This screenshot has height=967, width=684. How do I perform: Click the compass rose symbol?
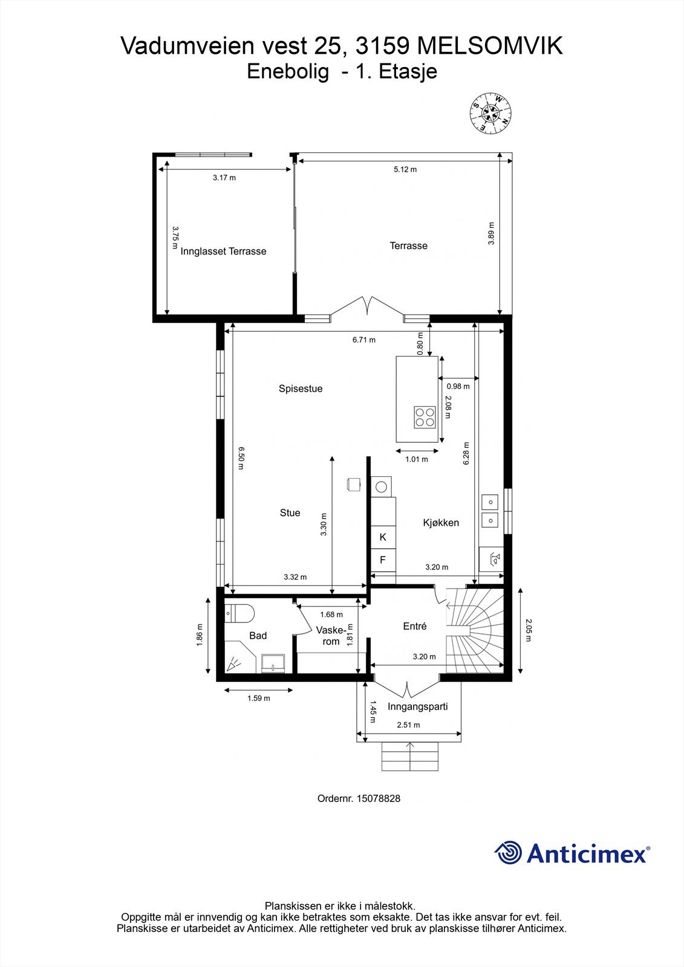[491, 112]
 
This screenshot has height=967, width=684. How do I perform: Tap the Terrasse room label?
[408, 245]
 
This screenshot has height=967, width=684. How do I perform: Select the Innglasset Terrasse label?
[223, 251]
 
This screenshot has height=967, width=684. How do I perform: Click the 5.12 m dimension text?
[405, 169]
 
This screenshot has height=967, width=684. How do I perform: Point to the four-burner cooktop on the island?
[425, 417]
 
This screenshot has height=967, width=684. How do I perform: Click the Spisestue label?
[301, 389]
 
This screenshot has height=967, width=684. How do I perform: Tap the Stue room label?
[290, 513]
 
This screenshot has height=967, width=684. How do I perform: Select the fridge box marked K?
[383, 537]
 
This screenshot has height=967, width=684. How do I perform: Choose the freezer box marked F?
[383, 560]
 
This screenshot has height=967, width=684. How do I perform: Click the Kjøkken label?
[441, 523]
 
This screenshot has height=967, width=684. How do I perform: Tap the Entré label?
[415, 627]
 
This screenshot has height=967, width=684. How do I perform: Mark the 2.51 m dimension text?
[408, 725]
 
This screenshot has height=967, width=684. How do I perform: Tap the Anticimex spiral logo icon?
[508, 853]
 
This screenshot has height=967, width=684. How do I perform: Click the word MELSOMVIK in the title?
[490, 47]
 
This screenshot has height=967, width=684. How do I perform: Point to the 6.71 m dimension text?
[364, 340]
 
